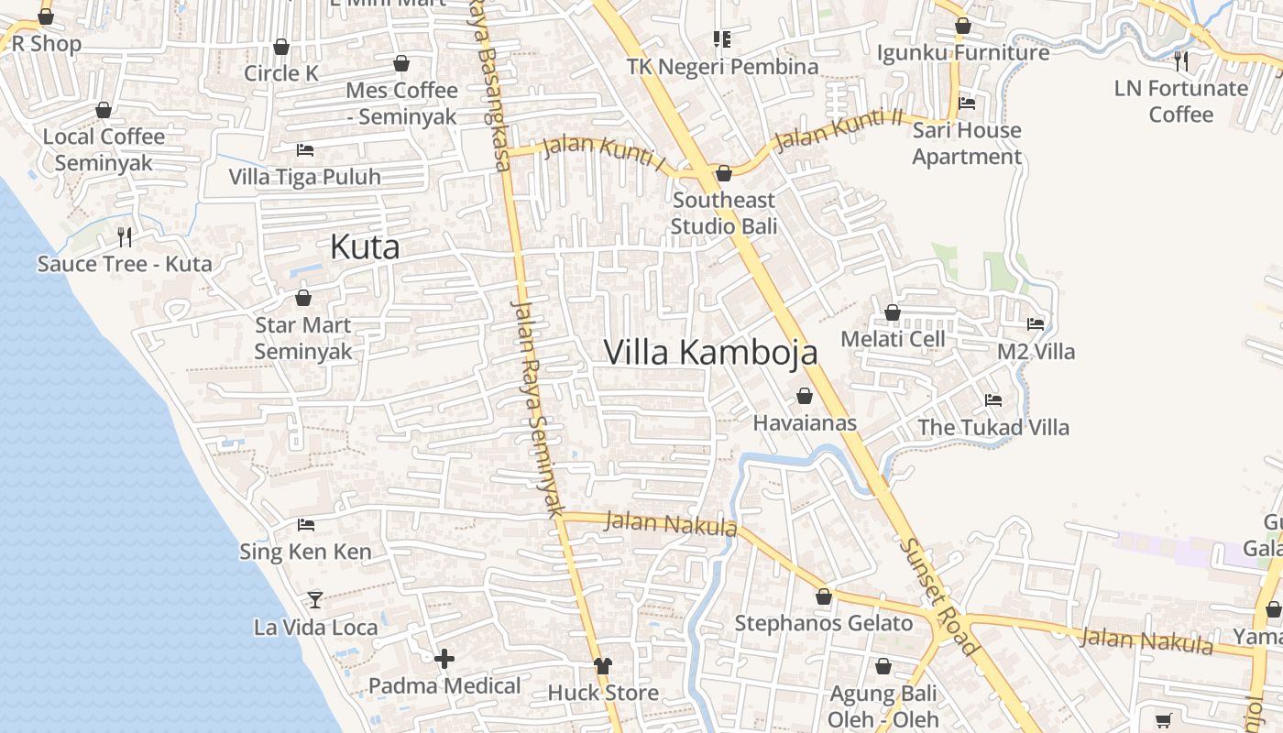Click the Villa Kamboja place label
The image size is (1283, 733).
pyautogui.click(x=710, y=352)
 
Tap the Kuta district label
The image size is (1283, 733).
pyautogui.click(x=364, y=247)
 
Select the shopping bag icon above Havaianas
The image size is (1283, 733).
pyautogui.click(x=805, y=396)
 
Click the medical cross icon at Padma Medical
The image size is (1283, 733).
pyautogui.click(x=444, y=659)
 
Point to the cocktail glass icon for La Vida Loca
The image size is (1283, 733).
pyautogui.click(x=315, y=599)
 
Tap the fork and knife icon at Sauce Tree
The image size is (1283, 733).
pyautogui.click(x=125, y=237)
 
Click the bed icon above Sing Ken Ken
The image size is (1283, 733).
pyautogui.click(x=306, y=525)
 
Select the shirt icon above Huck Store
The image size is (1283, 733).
pyautogui.click(x=602, y=666)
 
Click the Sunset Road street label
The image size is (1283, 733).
pyautogui.click(x=939, y=596)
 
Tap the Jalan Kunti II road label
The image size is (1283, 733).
pyautogui.click(x=839, y=129)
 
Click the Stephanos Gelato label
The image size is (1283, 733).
pyautogui.click(x=824, y=624)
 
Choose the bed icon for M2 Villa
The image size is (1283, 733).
pyautogui.click(x=1036, y=324)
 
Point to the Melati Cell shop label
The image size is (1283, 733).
pyautogui.click(x=892, y=339)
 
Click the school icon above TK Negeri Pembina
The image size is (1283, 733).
pyautogui.click(x=722, y=39)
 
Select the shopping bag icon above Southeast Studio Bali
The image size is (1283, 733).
pyautogui.click(x=724, y=173)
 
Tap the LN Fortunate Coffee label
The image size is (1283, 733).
pyautogui.click(x=1180, y=101)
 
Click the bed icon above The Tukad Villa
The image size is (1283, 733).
pyautogui.click(x=992, y=400)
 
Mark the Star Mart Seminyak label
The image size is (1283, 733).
pyautogui.click(x=303, y=338)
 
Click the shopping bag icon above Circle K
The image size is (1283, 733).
pyautogui.click(x=281, y=47)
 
